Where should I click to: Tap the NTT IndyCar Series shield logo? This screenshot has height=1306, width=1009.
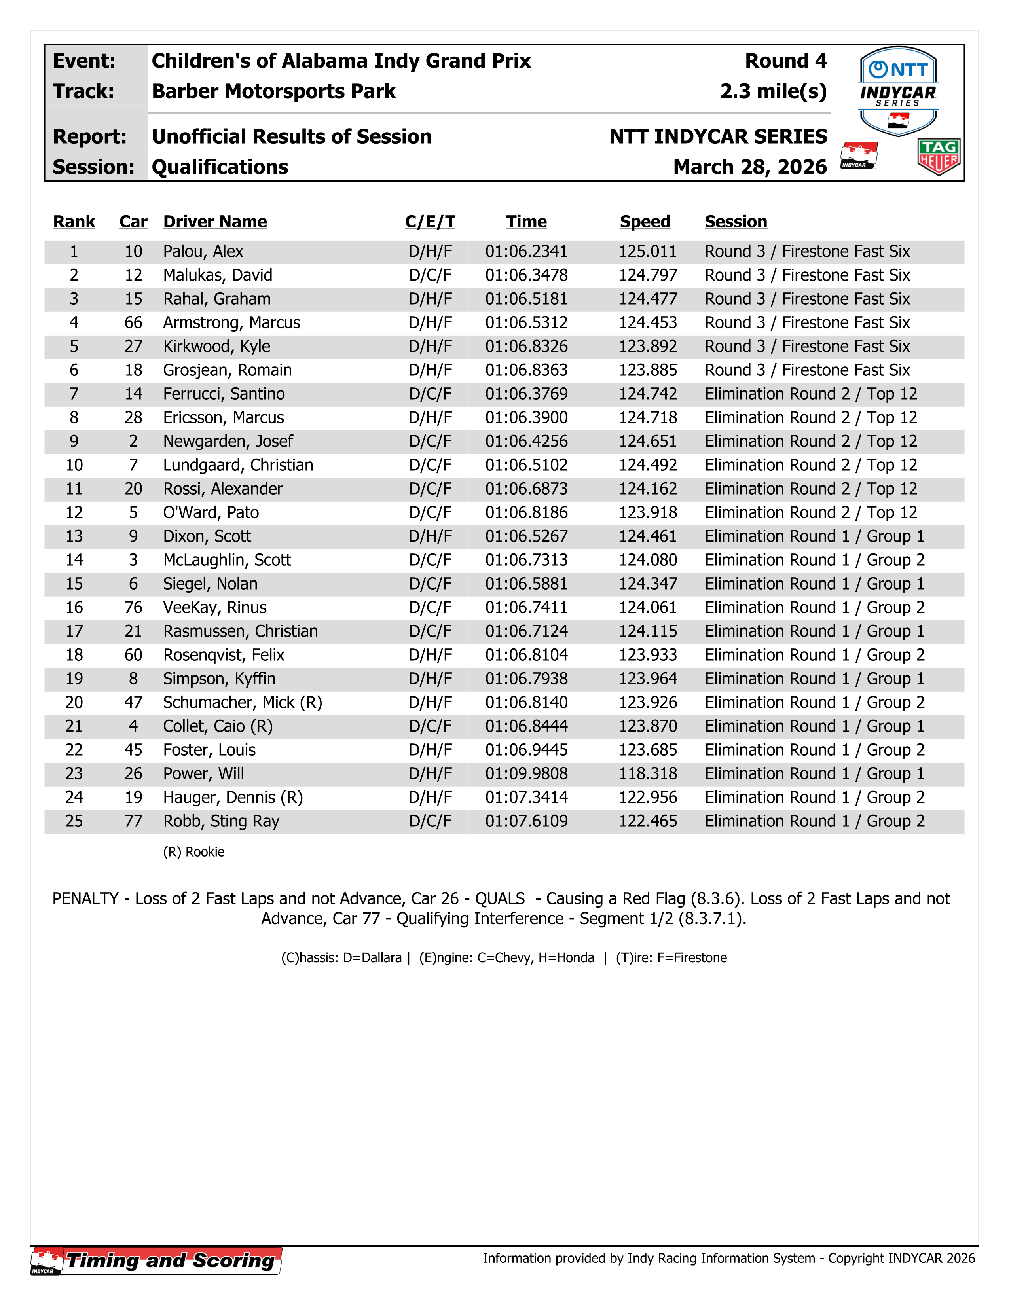898,91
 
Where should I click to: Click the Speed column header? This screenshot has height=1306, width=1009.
645,222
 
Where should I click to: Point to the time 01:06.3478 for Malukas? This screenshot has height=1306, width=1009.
526,275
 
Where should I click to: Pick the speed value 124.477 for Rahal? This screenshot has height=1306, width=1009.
648,299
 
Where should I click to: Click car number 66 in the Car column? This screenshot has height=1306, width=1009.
133,323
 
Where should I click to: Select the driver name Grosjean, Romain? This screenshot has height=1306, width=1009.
227,370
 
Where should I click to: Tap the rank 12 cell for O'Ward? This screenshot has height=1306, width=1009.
74,512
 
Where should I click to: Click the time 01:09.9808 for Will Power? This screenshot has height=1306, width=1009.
526,774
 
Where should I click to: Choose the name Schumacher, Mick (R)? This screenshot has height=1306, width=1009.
242,703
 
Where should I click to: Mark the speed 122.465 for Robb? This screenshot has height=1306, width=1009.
648,821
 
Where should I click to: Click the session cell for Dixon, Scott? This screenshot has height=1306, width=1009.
814,536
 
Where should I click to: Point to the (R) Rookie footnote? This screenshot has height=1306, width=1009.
194,852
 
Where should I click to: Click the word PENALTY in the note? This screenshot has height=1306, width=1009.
85,899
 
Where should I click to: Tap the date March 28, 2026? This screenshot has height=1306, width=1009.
749,167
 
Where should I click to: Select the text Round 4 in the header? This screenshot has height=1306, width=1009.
785,61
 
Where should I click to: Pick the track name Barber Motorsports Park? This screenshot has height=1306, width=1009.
273,91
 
